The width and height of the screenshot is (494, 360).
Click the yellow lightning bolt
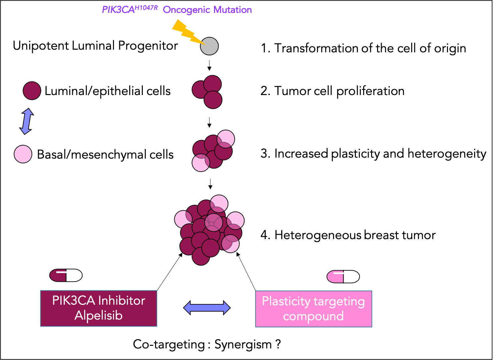click(x=186, y=32)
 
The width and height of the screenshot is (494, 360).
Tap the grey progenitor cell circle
click(x=209, y=46)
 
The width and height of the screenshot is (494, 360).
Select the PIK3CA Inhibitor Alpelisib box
click(x=98, y=308)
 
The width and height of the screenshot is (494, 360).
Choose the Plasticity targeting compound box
click(x=313, y=309)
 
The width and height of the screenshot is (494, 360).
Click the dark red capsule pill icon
click(x=66, y=275)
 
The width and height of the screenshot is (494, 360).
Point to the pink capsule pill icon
click(x=343, y=277)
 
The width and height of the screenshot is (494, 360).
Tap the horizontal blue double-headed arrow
click(x=207, y=308)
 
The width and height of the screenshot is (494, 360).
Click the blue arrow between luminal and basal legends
click(x=27, y=121)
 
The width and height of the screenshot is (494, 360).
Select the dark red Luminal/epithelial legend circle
click(x=32, y=91)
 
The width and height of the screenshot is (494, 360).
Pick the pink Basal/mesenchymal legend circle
click(x=23, y=154)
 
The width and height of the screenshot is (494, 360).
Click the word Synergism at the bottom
click(x=243, y=345)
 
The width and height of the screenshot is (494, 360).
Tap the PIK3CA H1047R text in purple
click(x=130, y=10)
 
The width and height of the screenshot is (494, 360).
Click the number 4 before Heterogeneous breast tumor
click(x=264, y=235)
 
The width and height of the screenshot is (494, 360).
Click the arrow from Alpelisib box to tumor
click(x=169, y=272)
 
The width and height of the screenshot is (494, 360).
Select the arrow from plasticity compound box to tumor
click(x=247, y=272)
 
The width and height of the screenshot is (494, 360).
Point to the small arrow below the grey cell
click(x=209, y=65)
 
